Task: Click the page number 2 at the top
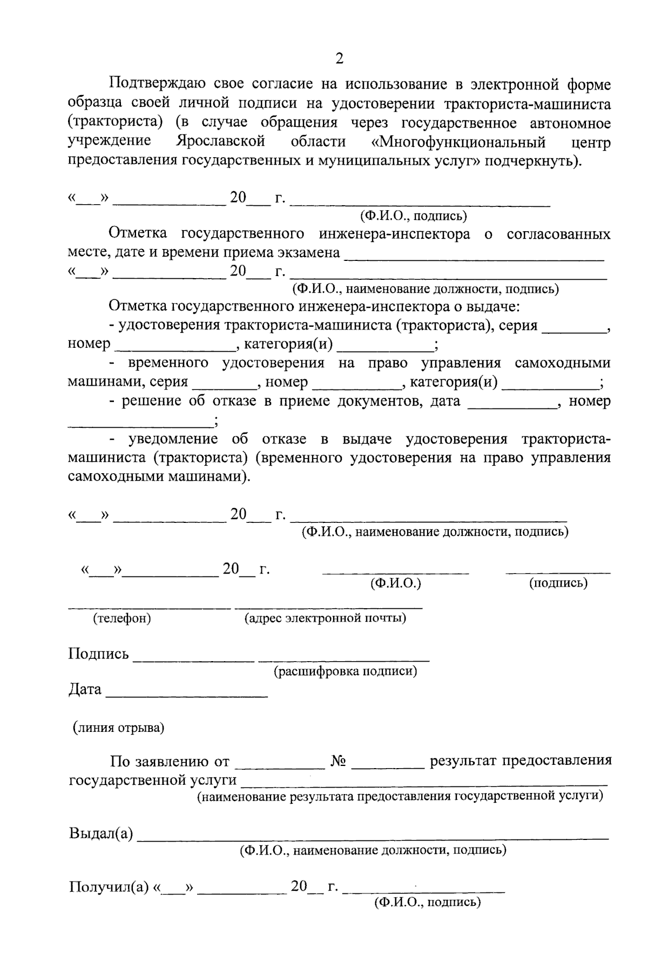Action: (x=339, y=58)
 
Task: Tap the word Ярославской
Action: (x=220, y=142)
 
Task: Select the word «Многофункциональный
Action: (x=458, y=143)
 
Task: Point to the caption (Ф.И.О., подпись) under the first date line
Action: (x=414, y=216)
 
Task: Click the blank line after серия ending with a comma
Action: (x=574, y=331)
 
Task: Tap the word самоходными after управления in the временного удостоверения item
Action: (x=562, y=363)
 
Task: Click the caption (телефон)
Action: (x=122, y=618)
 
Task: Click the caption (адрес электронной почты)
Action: (x=325, y=618)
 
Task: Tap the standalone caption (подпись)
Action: (x=558, y=583)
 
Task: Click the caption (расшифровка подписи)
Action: (x=345, y=671)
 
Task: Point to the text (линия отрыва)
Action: (x=119, y=728)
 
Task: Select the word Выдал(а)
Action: (x=101, y=833)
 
